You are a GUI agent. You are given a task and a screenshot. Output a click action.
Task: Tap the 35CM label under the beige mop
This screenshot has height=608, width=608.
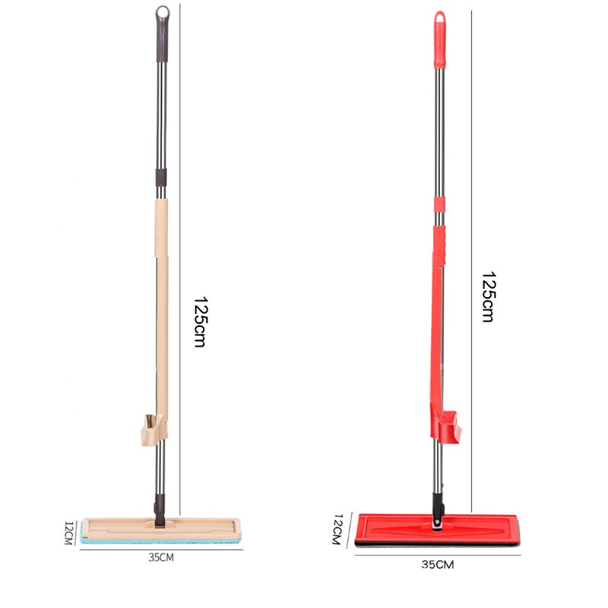[160, 557]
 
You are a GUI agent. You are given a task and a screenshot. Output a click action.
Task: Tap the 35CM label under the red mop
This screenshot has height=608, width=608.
[437, 565]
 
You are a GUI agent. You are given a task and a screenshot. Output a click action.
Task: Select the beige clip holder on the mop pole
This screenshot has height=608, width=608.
[153, 429]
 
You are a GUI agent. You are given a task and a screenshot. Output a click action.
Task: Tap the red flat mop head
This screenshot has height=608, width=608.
[395, 529]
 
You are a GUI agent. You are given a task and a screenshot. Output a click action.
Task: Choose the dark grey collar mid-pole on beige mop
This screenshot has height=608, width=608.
[161, 178]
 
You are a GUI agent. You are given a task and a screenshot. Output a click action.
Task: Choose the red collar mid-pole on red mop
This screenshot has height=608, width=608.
[439, 204]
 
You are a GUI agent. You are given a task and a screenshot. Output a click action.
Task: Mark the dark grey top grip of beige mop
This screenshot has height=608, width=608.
[163, 42]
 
